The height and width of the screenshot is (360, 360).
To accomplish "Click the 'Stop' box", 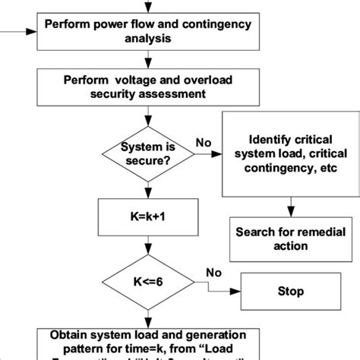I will click(x=290, y=291).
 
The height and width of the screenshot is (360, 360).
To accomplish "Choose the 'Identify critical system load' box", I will click(x=290, y=154).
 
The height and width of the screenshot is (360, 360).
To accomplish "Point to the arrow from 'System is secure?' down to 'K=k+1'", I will click(x=148, y=188).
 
